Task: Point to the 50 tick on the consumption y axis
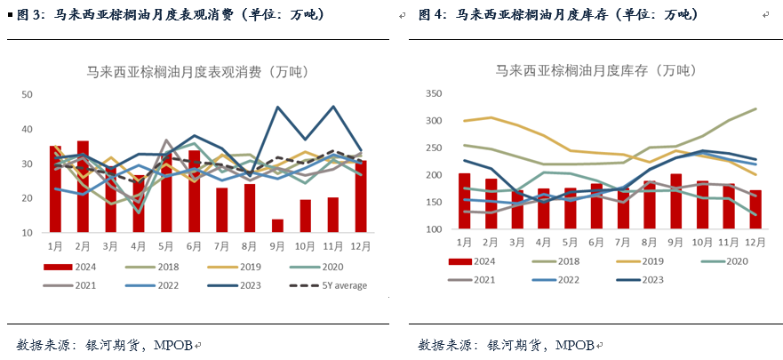[27, 94]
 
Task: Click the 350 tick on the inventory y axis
[434, 93]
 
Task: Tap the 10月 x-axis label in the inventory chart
[702, 241]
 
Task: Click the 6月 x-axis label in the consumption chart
[195, 245]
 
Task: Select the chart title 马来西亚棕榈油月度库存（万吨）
[597, 70]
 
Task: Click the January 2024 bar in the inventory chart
[464, 201]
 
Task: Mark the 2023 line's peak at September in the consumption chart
[278, 108]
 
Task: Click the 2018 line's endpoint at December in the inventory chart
[755, 108]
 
